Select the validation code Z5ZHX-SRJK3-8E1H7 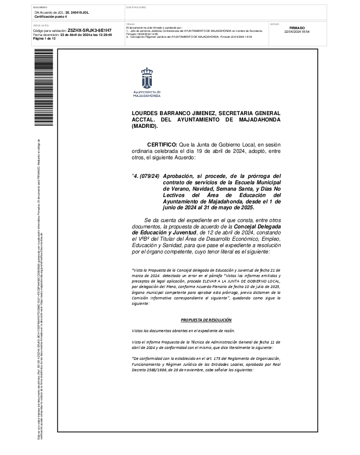(x=89, y=30)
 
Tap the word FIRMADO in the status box (x=296, y=28)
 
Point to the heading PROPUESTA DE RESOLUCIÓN (x=206, y=320)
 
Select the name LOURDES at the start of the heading (x=145, y=113)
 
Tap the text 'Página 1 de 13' (x=44, y=39)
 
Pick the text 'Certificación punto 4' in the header (x=50, y=16)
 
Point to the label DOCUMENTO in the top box (x=40, y=8)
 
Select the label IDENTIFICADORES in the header (x=136, y=8)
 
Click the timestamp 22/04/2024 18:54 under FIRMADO (x=296, y=32)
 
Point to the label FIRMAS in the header (x=130, y=24)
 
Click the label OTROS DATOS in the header (x=40, y=25)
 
